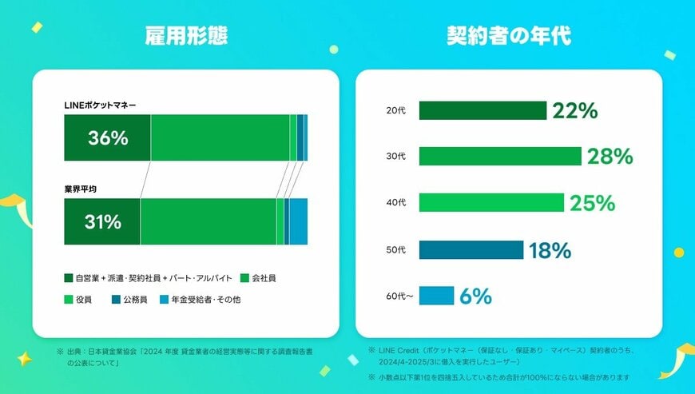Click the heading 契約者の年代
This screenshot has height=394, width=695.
click(508, 37)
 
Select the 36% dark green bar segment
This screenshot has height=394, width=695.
click(107, 137)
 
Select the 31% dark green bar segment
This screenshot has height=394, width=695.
click(102, 222)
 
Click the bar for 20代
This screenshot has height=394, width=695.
click(482, 110)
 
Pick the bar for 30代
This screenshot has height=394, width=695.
click(499, 157)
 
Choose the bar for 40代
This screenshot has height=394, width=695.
click(490, 203)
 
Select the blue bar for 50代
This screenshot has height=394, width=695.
click(471, 250)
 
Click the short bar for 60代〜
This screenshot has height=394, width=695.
click(436, 296)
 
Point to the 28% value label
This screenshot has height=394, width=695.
click(610, 157)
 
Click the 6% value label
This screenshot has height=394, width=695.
click(475, 297)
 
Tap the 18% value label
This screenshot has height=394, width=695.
click(550, 251)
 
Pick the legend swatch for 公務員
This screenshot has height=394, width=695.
click(116, 300)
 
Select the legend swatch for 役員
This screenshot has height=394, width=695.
click(69, 300)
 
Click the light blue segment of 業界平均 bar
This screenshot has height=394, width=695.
click(298, 222)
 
